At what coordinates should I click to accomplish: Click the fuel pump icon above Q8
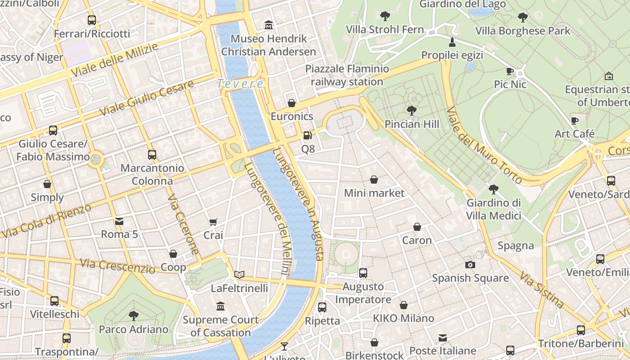pos(307,135)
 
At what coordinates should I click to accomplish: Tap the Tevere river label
pos(240,84)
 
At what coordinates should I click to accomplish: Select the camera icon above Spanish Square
pos(470,265)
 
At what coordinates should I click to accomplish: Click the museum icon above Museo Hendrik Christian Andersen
pos(269,25)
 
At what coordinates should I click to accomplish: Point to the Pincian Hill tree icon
pos(411,110)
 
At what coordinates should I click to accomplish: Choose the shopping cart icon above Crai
pos(213,222)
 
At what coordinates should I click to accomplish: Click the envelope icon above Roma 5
pos(119,221)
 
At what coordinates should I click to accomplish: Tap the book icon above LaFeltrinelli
pos(239,274)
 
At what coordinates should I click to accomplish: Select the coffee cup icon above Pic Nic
pos(510,71)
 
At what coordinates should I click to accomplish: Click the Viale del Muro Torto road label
pos(484,145)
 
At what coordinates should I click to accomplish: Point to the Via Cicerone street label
pos(183,225)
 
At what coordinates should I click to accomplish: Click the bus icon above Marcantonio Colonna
pos(152,155)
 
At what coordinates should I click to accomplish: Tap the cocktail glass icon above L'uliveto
pos(284,346)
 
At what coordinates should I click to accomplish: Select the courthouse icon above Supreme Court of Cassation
pos(220,306)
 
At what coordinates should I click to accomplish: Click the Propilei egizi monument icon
pos(452,42)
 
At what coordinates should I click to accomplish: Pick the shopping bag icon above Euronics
pos(292,103)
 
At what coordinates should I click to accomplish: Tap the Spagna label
pos(516,246)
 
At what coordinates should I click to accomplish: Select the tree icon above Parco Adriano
pos(134,315)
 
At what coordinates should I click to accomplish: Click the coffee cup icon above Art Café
pos(575,121)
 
